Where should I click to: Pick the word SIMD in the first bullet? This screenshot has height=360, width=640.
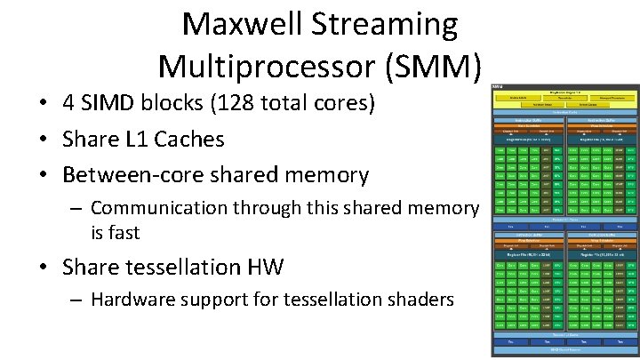pos(110,104)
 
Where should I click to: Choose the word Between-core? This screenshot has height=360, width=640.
pos(128,174)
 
